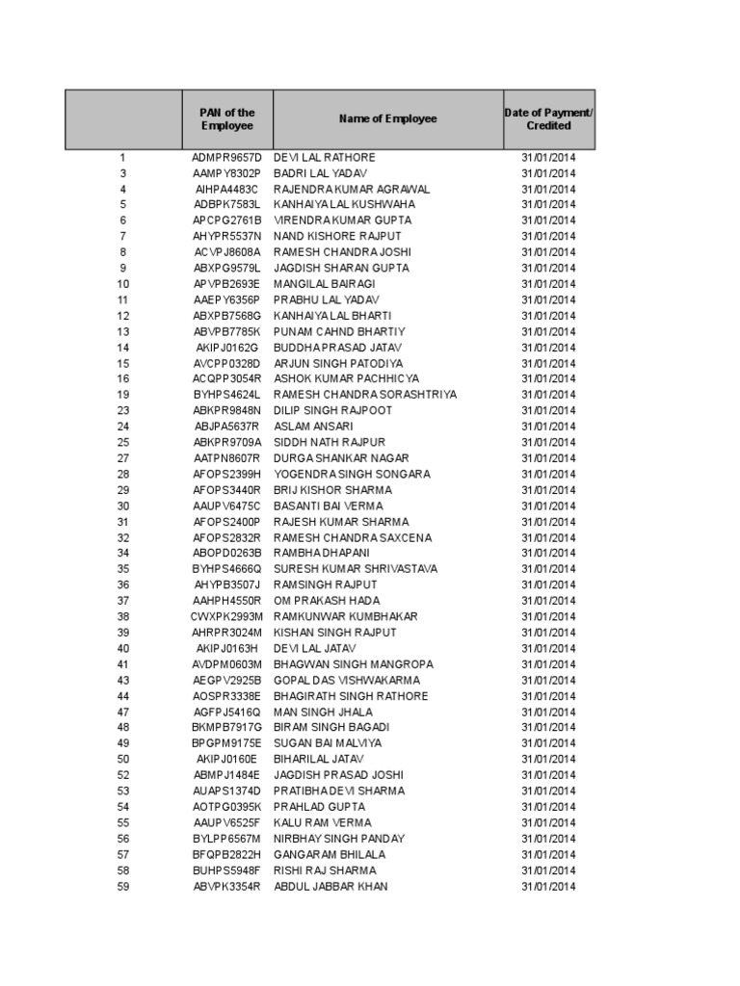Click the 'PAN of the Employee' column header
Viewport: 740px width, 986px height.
pos(227,119)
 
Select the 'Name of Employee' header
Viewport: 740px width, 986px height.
pos(387,119)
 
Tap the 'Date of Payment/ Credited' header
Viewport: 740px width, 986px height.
pos(548,119)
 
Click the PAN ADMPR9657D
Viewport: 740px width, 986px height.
pos(227,157)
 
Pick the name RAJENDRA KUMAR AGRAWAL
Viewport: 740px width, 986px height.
pos(352,189)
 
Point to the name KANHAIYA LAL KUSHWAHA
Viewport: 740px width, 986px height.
pos(345,205)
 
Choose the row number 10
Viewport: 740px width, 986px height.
pos(123,284)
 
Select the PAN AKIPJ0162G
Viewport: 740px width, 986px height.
pos(227,348)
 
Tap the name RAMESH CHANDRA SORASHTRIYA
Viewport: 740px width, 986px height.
pos(365,395)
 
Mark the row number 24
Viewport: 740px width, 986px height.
pos(123,427)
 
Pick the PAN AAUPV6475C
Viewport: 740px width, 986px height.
pos(227,506)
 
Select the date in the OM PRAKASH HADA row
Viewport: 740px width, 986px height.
pos(548,601)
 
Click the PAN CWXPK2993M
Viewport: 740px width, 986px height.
pos(227,616)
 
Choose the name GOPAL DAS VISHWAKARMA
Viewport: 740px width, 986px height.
pos(351,680)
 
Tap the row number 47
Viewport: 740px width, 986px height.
pos(123,712)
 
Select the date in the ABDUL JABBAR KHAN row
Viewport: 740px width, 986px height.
pos(548,886)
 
